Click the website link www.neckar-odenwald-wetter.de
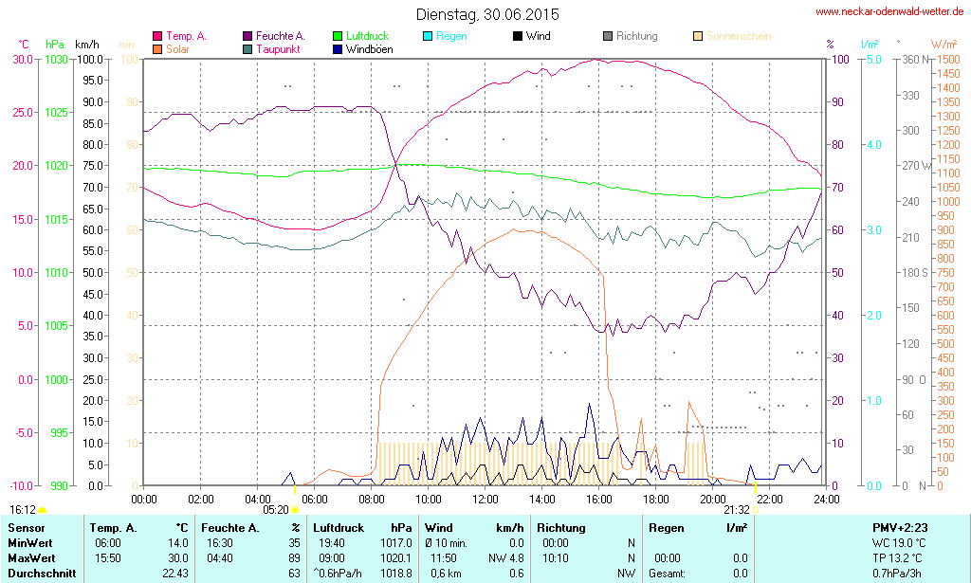point(890,12)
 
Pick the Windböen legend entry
point(367,48)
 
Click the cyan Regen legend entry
point(445,36)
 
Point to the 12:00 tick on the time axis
point(485,499)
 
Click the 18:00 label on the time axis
point(656,499)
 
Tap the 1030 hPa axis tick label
point(56,59)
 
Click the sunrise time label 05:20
point(275,509)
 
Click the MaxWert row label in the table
point(32,557)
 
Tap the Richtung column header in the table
point(561,527)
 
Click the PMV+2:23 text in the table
point(902,527)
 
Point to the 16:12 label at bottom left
point(23,509)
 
